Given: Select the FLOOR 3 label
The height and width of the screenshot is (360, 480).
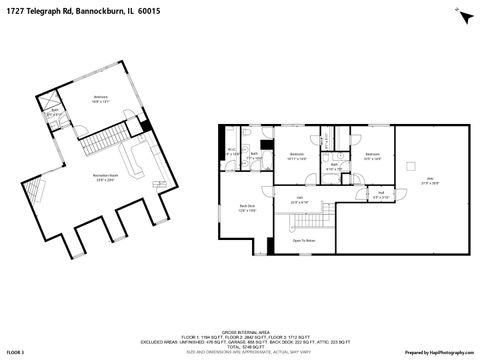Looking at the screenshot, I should click(14, 352).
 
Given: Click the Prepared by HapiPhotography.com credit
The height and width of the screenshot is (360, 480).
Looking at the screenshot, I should click(439, 352).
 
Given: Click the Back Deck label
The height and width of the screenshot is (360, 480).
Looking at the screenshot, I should click(247, 208).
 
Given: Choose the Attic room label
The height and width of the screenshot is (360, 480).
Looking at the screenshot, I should click(431, 181).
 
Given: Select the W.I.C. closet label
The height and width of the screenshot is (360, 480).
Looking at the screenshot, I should click(231, 151).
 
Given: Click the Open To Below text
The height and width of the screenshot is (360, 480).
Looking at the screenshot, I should click(304, 241).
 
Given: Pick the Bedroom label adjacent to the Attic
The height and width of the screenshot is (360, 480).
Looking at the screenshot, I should click(372, 154).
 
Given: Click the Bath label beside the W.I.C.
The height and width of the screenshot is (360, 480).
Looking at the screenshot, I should click(255, 155).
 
